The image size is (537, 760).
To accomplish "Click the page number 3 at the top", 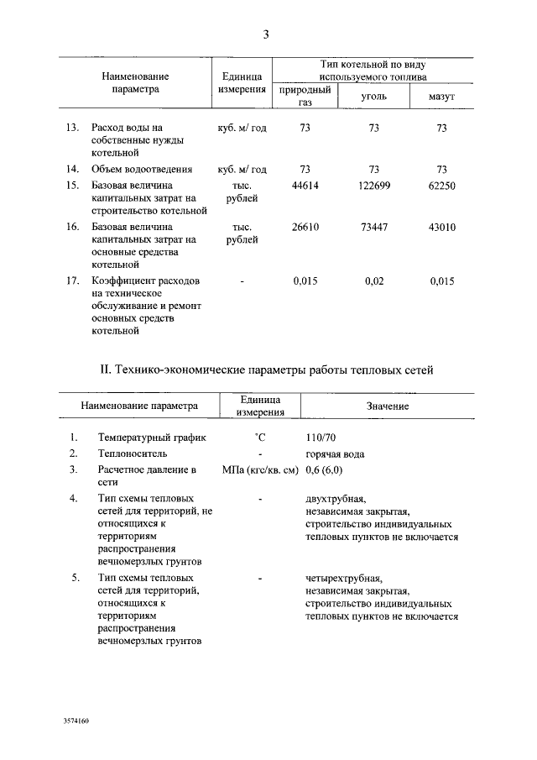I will pyautogui.click(x=266, y=34).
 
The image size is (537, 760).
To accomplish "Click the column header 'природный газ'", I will pyautogui.click(x=305, y=97).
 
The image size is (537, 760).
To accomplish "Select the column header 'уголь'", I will pyautogui.click(x=373, y=97).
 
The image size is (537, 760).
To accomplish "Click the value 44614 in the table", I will pyautogui.click(x=305, y=186).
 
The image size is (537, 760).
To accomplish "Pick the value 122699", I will pyautogui.click(x=374, y=186).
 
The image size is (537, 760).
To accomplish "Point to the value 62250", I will pyautogui.click(x=441, y=186).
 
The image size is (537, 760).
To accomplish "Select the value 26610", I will pyautogui.click(x=305, y=227).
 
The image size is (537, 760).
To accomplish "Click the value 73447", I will pyautogui.click(x=374, y=227).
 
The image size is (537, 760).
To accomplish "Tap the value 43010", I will pyautogui.click(x=441, y=227).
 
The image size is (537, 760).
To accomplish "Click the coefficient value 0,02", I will pyautogui.click(x=374, y=281).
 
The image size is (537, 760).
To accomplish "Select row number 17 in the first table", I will pyautogui.click(x=72, y=281).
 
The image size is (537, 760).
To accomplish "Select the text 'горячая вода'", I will pyautogui.click(x=335, y=453).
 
